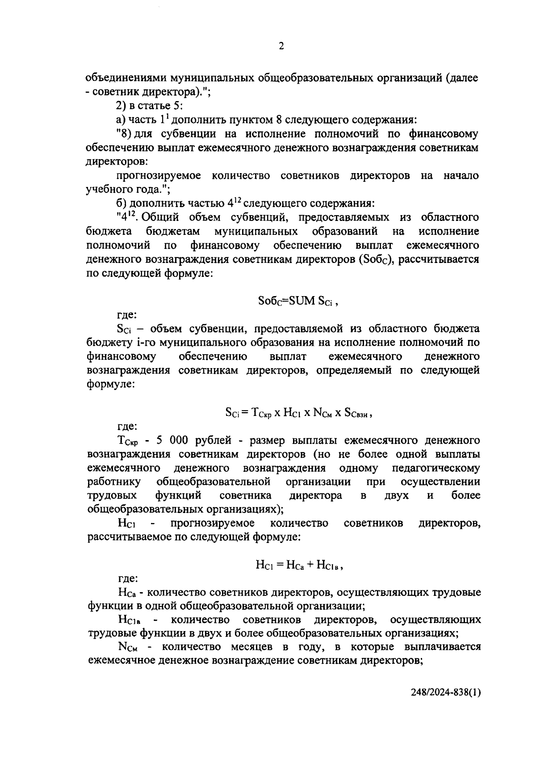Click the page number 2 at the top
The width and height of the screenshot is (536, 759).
pos(281,46)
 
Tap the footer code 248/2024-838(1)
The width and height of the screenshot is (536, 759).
pos(446,705)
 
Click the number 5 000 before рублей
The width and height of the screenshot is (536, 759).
pos(171,441)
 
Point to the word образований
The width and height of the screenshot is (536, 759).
pos(345,231)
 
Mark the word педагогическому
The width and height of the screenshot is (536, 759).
pos(435,468)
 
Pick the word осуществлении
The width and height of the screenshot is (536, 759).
pos(440,482)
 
